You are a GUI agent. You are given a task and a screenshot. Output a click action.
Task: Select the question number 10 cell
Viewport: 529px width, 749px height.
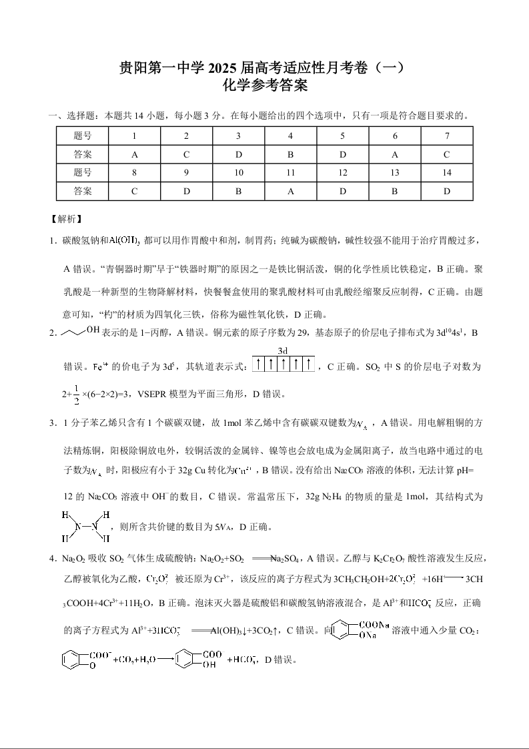(x=239, y=172)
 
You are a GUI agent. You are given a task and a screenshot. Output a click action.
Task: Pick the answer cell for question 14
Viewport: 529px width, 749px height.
(x=447, y=191)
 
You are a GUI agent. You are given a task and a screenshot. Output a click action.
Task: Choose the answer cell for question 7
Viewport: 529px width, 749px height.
(x=447, y=154)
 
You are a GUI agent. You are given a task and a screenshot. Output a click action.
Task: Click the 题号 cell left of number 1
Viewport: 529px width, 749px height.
(x=83, y=136)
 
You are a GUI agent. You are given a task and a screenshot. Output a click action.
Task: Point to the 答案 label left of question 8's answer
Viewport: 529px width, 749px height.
(x=83, y=191)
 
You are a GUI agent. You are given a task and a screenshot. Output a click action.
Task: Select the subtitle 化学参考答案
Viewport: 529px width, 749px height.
(x=264, y=85)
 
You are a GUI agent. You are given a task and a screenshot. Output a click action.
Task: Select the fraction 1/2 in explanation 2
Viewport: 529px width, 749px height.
(x=77, y=394)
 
